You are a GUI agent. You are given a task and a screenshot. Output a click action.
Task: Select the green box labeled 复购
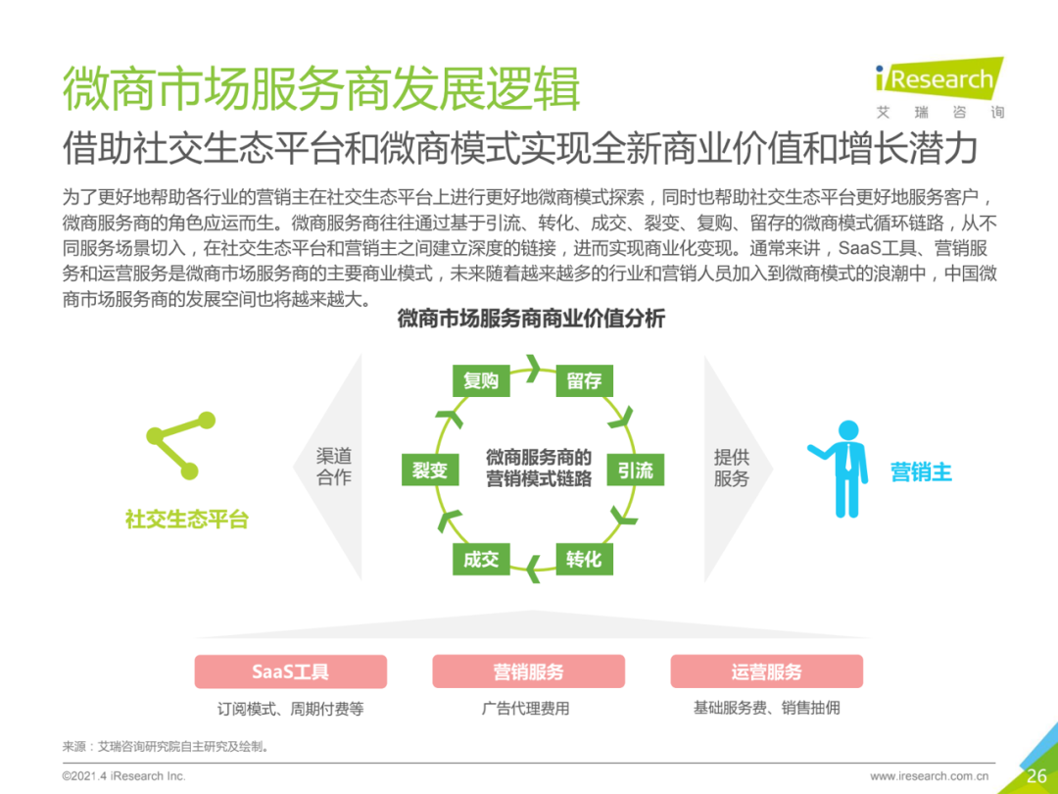click(481, 380)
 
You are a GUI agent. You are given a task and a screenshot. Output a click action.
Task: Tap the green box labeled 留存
click(584, 380)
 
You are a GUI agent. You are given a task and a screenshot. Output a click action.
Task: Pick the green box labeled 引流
click(635, 470)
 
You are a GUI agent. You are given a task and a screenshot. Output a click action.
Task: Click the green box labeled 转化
click(584, 559)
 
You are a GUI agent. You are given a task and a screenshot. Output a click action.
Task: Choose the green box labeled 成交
click(481, 559)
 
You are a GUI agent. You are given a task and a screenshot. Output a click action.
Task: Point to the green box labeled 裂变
click(429, 470)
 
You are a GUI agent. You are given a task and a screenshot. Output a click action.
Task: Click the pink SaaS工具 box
click(290, 671)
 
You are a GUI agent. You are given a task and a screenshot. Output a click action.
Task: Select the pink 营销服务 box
click(528, 671)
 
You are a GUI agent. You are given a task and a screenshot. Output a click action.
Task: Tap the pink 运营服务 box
click(766, 671)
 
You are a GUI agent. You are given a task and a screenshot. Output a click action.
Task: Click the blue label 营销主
click(921, 471)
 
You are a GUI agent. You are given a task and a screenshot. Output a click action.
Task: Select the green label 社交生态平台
click(186, 520)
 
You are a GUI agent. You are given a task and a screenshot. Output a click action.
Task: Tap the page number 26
click(1036, 775)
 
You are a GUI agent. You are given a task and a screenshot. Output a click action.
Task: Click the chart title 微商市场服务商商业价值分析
click(530, 319)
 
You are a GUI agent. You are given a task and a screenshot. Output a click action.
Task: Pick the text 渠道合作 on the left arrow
click(333, 468)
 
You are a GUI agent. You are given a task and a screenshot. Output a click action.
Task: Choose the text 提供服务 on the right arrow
click(731, 468)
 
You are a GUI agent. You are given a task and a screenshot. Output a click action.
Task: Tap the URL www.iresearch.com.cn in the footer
click(929, 776)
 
